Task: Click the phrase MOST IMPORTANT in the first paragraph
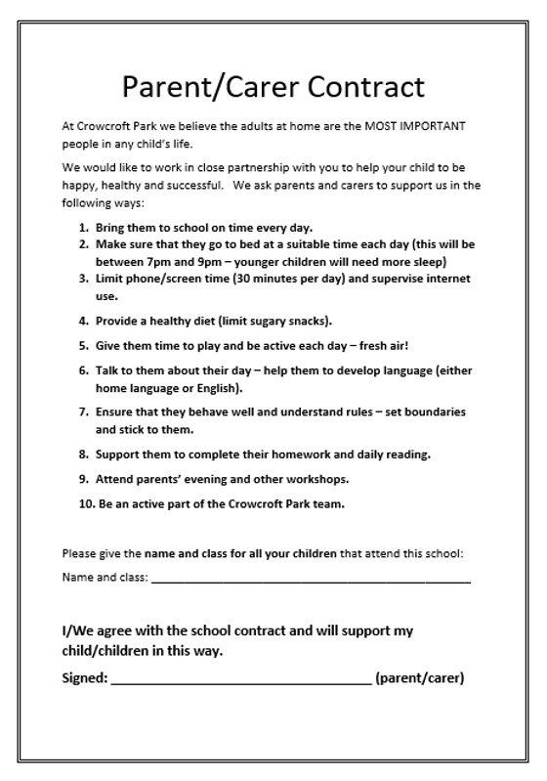click(x=414, y=127)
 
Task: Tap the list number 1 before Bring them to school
click(x=83, y=228)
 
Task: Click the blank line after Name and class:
click(x=311, y=579)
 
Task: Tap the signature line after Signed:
click(x=241, y=677)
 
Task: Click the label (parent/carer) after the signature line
click(x=419, y=676)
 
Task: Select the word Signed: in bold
click(x=84, y=676)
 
